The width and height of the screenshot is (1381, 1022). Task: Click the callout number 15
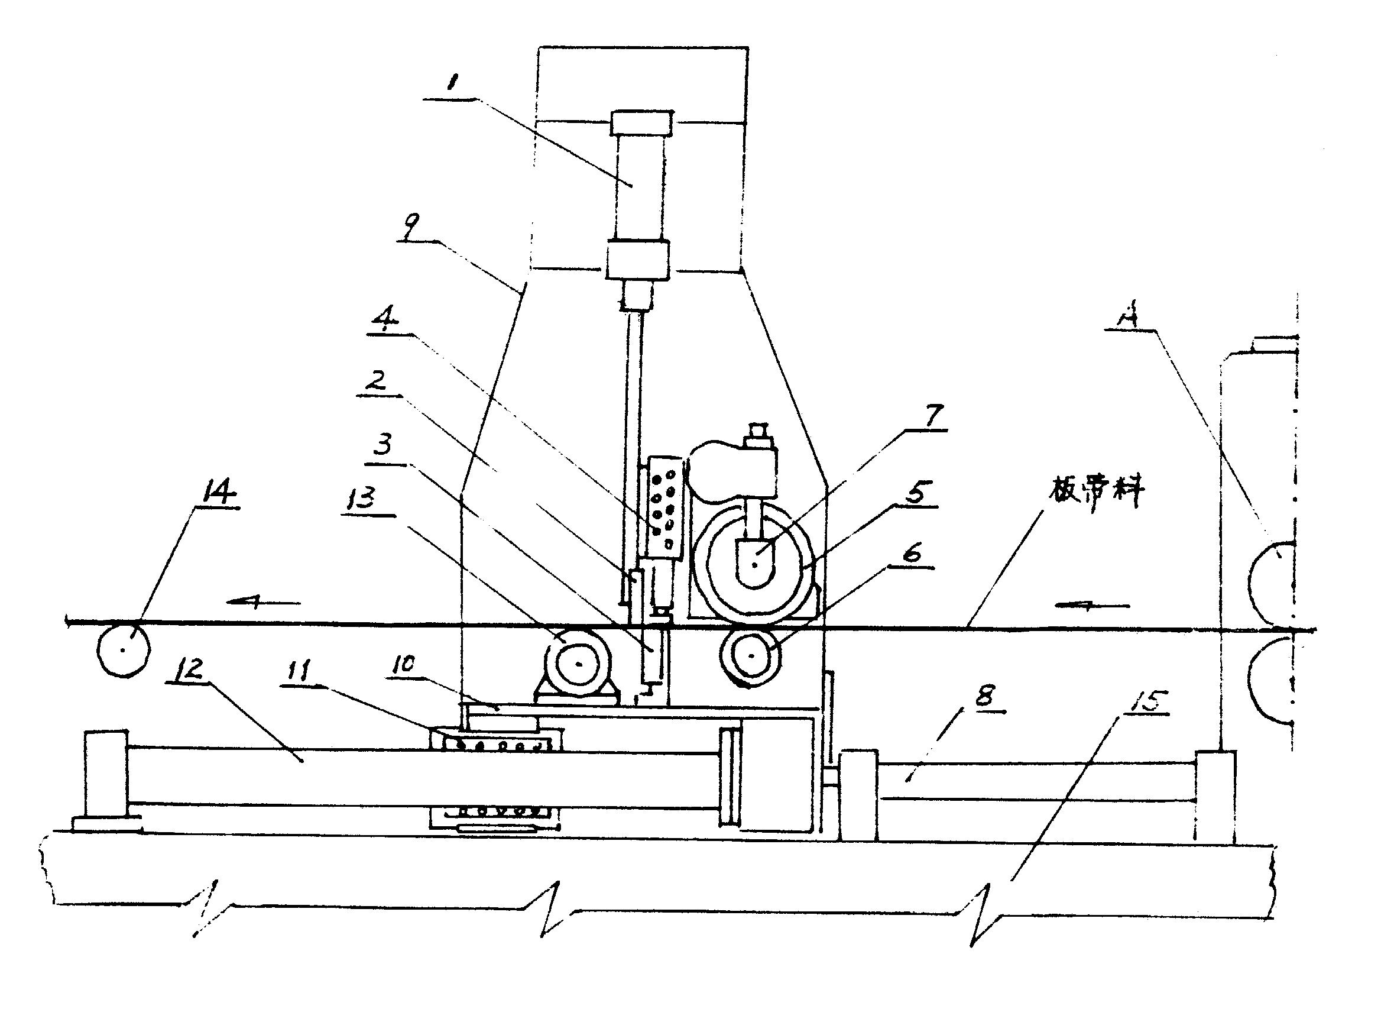(x=1148, y=700)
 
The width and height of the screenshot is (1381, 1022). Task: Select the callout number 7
(x=935, y=415)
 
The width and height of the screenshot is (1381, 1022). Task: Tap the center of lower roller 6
(x=751, y=656)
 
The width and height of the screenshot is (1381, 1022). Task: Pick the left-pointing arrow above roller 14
(x=264, y=601)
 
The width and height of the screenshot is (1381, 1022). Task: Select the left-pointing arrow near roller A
(x=1092, y=606)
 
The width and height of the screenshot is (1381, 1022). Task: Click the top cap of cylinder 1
(x=641, y=122)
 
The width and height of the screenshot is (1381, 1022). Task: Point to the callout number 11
(x=299, y=672)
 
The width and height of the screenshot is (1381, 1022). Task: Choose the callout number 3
(x=384, y=444)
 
